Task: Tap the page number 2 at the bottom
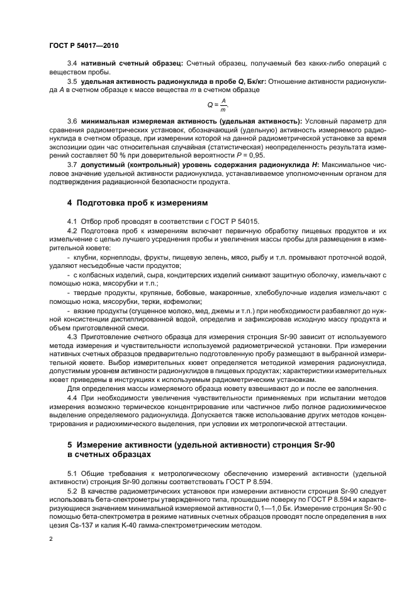[x=51, y=540]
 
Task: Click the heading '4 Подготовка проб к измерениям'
[x=137, y=203]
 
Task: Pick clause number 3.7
[x=71, y=166]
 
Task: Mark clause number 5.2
[x=71, y=490]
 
